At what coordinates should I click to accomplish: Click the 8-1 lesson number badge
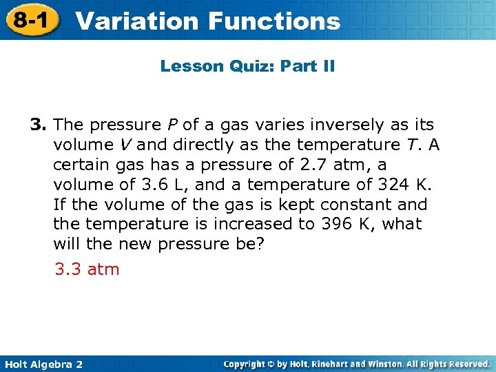pos(30,20)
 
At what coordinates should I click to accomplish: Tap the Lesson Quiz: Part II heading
pos(247,66)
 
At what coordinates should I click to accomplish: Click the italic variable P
pos(172,125)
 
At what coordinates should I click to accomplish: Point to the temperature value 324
pos(392,185)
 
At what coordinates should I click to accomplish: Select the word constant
pos(335,205)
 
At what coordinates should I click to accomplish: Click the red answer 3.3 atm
pos(87,269)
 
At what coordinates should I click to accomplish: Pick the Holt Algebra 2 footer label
pos(43,364)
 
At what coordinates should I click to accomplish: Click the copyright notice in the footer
pos(357,364)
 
